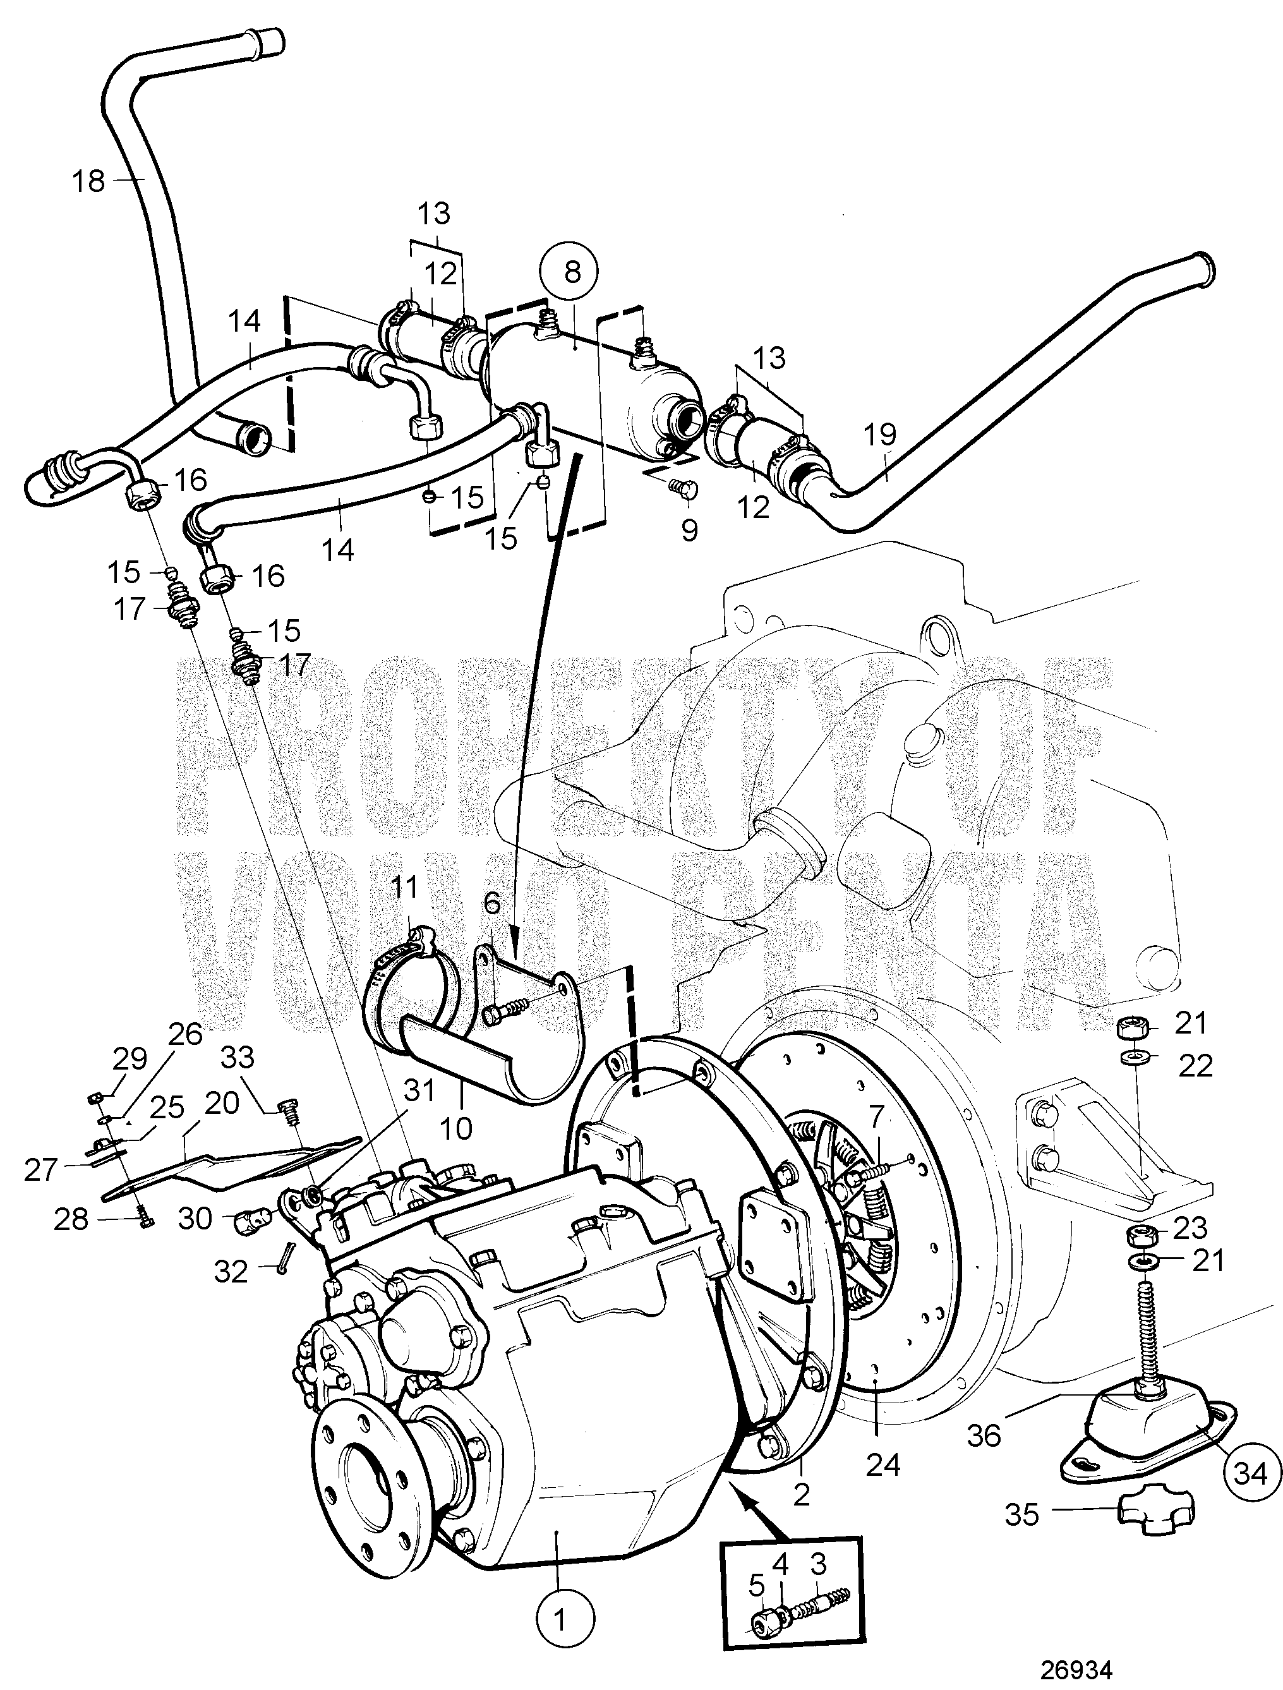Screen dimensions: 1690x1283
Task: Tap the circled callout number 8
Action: pos(572,270)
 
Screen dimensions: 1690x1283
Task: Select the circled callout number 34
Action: pos(1250,1473)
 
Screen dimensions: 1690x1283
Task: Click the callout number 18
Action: pos(88,181)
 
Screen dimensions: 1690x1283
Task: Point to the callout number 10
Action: pos(456,1128)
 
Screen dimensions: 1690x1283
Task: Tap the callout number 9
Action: pos(689,529)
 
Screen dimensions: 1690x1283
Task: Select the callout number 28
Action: pos(71,1220)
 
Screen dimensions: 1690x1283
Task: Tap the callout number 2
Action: pos(801,1494)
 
